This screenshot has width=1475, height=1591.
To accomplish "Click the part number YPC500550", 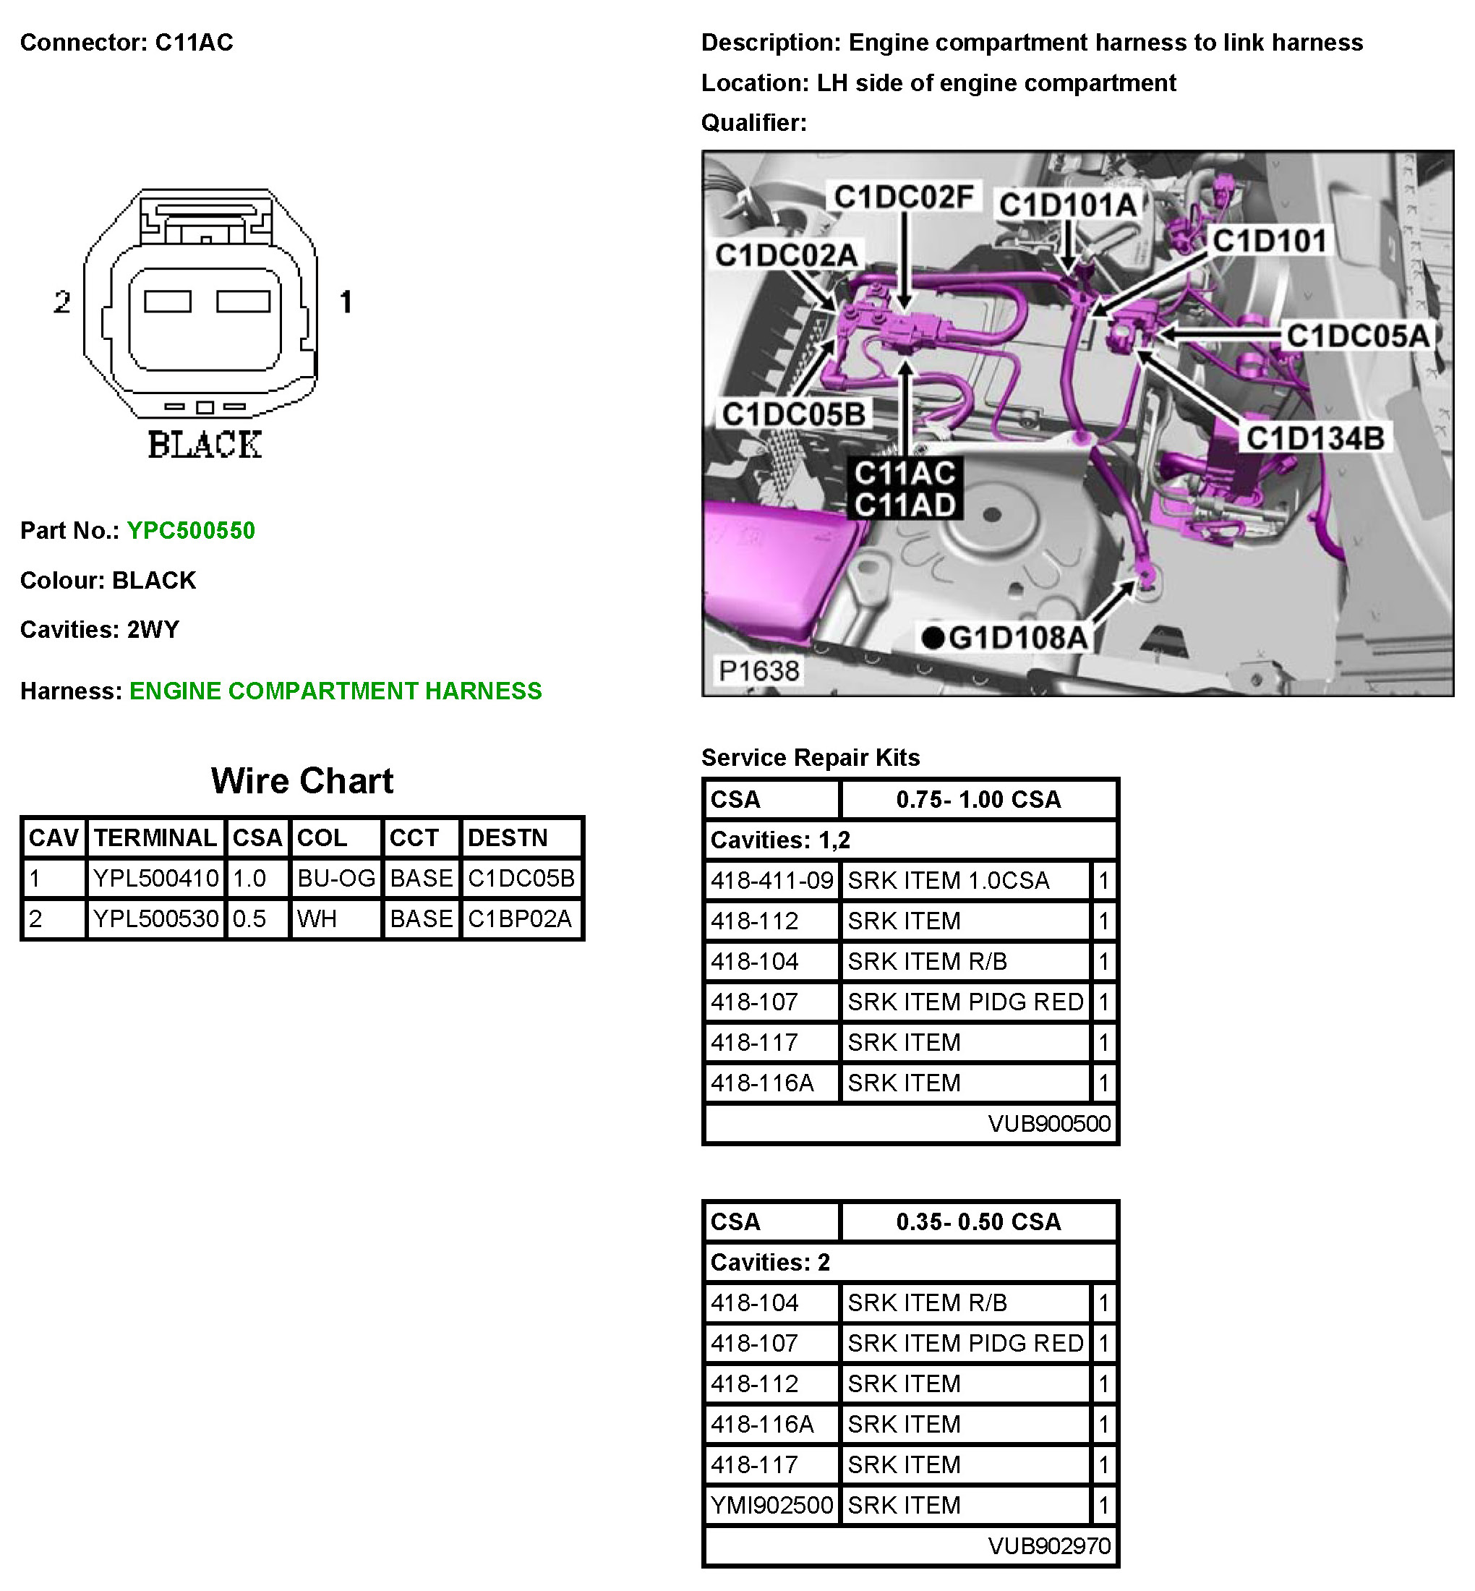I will pyautogui.click(x=191, y=531).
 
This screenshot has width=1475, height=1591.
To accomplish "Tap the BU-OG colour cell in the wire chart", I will pyautogui.click(x=335, y=878).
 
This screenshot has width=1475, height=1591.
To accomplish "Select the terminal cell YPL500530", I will pyautogui.click(x=155, y=919).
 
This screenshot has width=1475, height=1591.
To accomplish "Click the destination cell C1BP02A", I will pyautogui.click(x=520, y=919).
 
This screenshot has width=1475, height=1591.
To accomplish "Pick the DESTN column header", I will pyautogui.click(x=508, y=837).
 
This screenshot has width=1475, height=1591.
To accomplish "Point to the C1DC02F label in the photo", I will pyautogui.click(x=903, y=197).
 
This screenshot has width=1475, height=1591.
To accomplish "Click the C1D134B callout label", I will pyautogui.click(x=1314, y=438).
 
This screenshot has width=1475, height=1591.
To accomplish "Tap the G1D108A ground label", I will pyautogui.click(x=1016, y=638).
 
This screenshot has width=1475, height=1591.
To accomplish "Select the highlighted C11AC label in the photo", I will pyautogui.click(x=905, y=474).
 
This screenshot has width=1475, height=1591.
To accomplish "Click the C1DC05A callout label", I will pyautogui.click(x=1357, y=336).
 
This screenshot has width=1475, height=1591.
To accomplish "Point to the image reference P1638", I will pyautogui.click(x=758, y=671).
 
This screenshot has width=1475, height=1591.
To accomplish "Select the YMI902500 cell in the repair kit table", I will pyautogui.click(x=771, y=1505).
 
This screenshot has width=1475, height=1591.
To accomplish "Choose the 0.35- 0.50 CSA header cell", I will pyautogui.click(x=978, y=1222).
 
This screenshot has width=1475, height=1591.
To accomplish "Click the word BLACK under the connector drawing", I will pyautogui.click(x=205, y=445).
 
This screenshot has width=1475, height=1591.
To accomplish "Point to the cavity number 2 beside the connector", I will pyautogui.click(x=62, y=302).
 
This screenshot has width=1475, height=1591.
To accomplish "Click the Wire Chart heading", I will pyautogui.click(x=302, y=781).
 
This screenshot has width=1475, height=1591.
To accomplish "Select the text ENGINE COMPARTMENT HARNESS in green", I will pyautogui.click(x=335, y=691).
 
